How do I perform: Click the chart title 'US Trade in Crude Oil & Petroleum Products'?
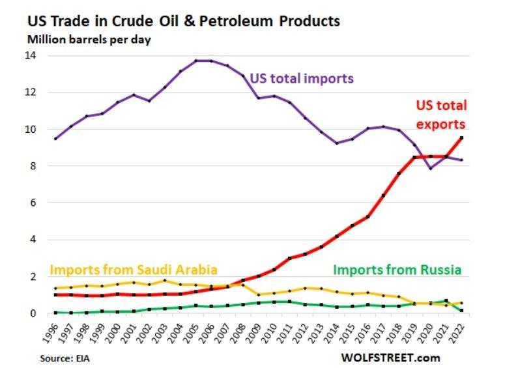tap(183, 20)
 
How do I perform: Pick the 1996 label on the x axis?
tap(54, 332)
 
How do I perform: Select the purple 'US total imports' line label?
tap(301, 78)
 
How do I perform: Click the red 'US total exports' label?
tap(442, 114)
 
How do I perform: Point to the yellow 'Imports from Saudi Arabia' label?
tap(134, 269)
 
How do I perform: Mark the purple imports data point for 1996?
tap(55, 139)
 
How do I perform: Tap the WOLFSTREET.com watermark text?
tap(390, 358)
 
